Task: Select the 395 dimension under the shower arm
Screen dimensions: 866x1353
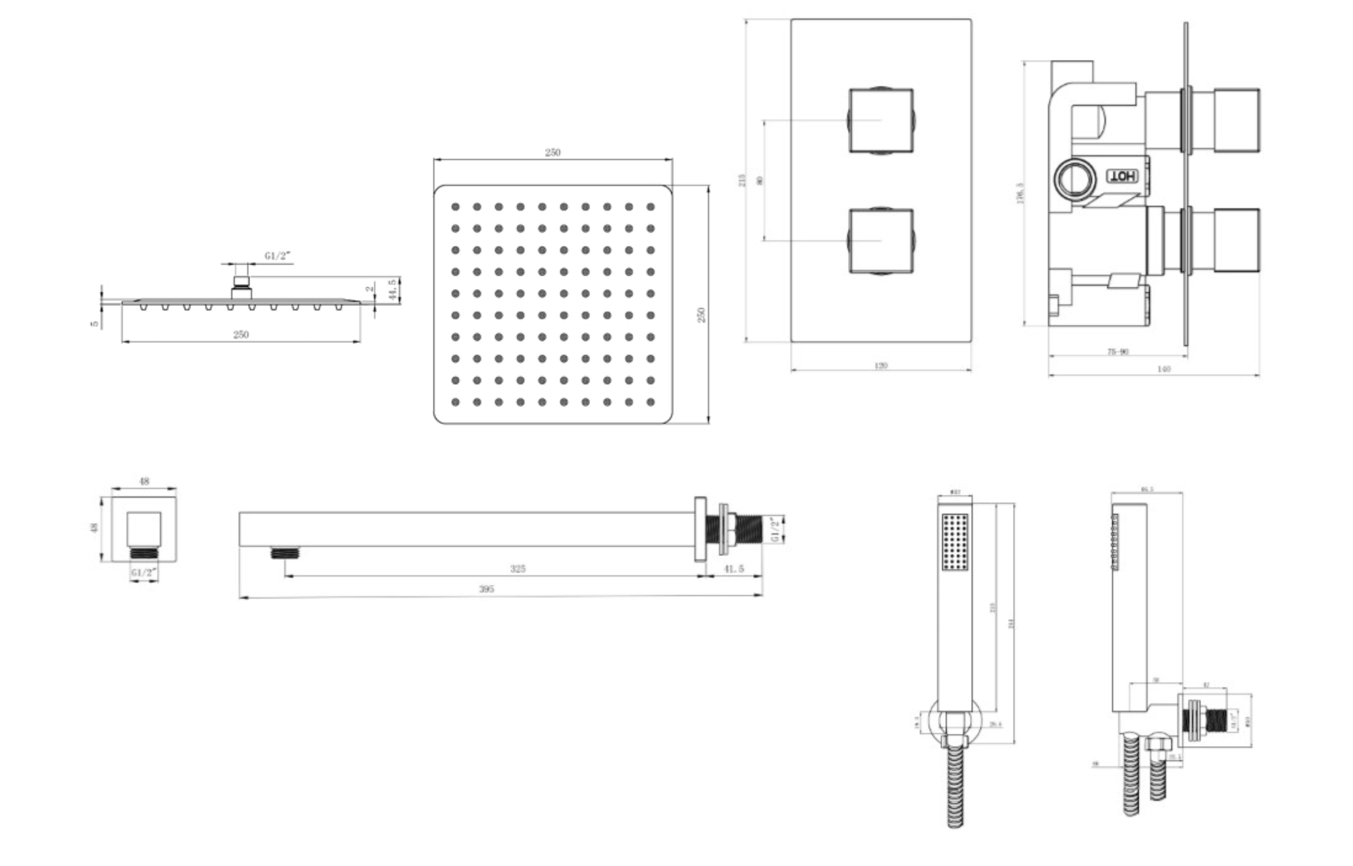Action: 487,589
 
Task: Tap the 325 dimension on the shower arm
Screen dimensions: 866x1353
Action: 517,569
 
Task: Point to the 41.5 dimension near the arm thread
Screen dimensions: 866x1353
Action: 733,569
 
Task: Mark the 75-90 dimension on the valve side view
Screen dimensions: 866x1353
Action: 1118,352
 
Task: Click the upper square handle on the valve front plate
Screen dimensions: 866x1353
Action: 881,120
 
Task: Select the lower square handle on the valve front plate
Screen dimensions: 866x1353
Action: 881,241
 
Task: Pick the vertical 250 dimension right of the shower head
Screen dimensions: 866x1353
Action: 701,315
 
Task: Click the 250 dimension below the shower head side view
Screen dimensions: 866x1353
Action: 241,335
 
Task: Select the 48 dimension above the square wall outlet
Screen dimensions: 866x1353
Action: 144,481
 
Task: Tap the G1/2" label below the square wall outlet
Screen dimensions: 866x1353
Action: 144,573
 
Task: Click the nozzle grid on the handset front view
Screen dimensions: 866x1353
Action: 955,542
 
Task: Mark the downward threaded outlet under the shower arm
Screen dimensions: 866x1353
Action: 285,553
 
